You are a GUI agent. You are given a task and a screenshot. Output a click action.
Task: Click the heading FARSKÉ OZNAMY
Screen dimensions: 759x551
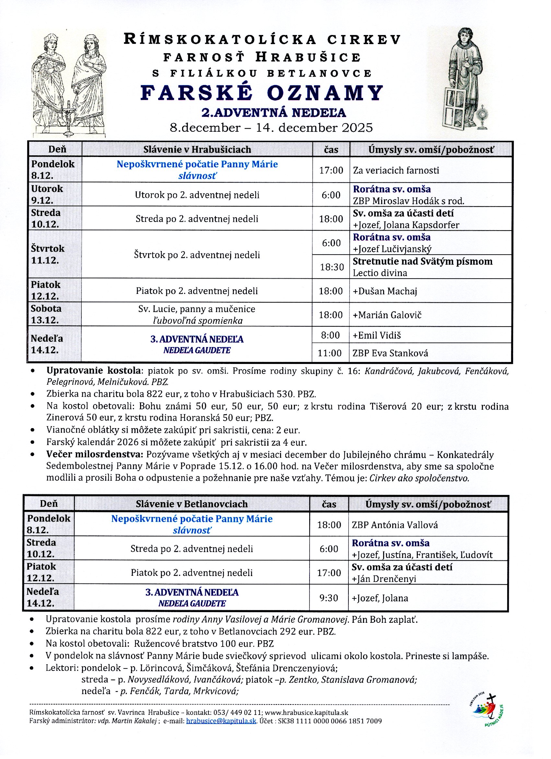coord(262,93)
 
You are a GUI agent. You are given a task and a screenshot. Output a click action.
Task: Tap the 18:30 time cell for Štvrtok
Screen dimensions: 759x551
coord(332,267)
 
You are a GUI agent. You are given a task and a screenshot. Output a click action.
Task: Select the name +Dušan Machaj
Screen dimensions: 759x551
coord(385,291)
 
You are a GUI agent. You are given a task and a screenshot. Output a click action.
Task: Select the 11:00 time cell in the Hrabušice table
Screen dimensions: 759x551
coord(330,353)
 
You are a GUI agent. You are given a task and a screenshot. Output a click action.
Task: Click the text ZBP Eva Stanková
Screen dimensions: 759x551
coord(390,353)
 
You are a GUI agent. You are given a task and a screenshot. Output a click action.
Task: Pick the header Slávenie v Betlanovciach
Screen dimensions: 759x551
coord(192,504)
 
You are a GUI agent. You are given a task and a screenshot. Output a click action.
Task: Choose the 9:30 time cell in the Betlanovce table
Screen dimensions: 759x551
coord(329,598)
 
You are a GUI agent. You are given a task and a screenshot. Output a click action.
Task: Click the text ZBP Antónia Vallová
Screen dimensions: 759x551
coord(394,525)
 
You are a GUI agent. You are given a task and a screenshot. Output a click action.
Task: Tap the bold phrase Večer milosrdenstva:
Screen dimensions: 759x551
coord(95,454)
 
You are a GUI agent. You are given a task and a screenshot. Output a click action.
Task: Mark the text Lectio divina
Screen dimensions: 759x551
coord(380,273)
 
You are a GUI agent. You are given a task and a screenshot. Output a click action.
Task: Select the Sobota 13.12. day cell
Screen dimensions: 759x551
coord(46,314)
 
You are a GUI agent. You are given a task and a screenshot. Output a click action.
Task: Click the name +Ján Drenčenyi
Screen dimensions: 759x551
coord(384,579)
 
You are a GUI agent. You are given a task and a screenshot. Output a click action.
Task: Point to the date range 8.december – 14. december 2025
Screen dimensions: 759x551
coord(271,128)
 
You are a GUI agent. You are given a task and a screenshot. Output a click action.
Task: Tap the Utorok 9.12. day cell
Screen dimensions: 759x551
coord(47,194)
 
